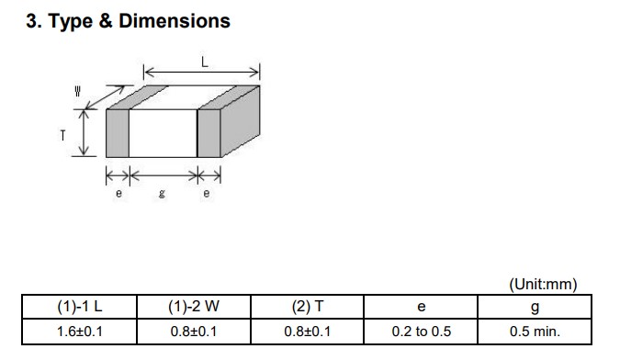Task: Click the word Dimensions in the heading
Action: [x=175, y=20]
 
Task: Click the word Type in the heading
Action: [x=70, y=22]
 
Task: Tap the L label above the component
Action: [x=205, y=62]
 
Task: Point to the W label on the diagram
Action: [x=77, y=91]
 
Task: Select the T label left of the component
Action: [x=62, y=136]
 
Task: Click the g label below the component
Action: [x=162, y=193]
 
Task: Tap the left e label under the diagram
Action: [x=118, y=193]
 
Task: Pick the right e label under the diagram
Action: [x=207, y=193]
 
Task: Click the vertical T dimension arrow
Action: [x=84, y=133]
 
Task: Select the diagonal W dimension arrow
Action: [x=105, y=97]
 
